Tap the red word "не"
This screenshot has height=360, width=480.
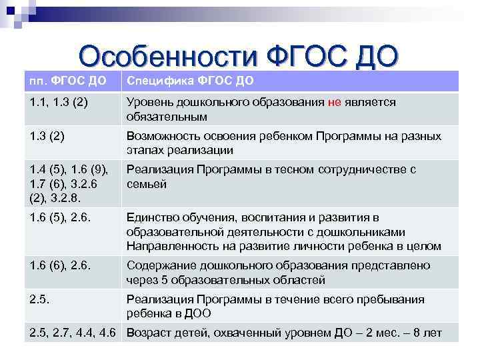point(335,103)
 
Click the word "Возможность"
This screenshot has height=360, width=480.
point(161,137)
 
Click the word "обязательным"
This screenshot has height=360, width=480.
point(167,117)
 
